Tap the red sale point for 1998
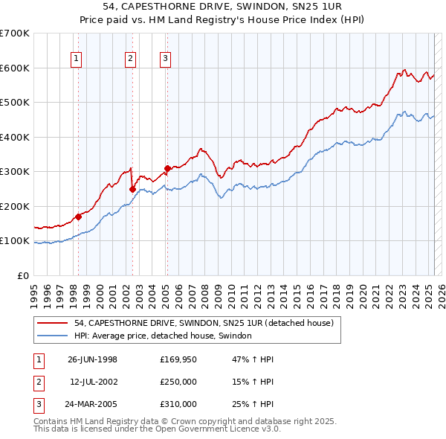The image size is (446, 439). (78, 217)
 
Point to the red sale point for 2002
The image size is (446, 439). (132, 189)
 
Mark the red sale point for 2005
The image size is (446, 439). (167, 169)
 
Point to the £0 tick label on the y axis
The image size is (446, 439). (24, 276)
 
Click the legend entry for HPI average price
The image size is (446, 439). (163, 336)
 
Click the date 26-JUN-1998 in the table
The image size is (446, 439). (92, 360)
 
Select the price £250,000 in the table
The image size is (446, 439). (178, 382)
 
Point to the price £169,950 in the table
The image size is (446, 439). (178, 360)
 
